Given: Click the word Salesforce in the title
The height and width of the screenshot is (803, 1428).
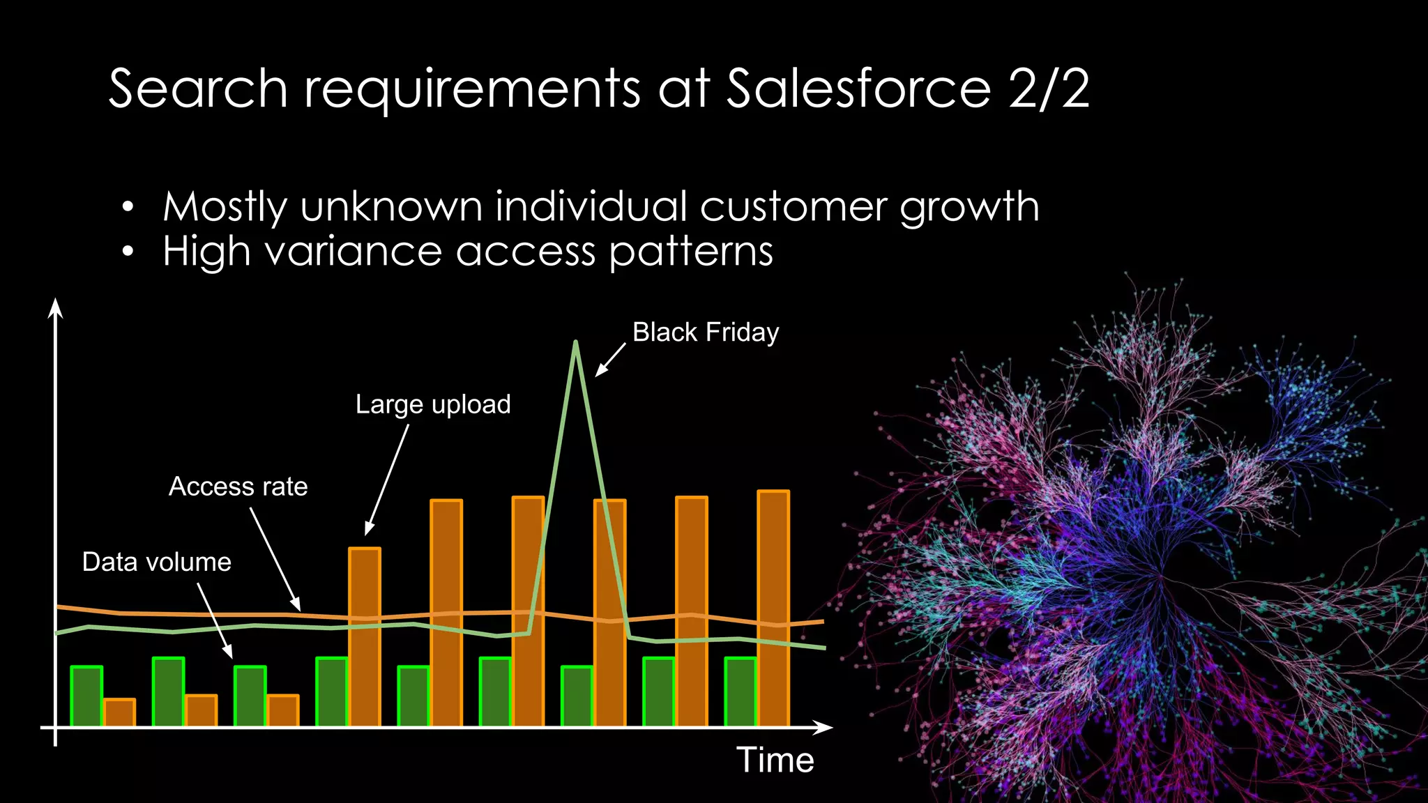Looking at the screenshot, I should [858, 89].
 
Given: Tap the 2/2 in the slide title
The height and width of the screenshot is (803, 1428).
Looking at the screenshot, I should [1048, 89].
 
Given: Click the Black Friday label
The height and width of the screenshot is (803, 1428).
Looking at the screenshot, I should [705, 332].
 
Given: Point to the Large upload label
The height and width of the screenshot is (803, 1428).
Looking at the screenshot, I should [433, 404].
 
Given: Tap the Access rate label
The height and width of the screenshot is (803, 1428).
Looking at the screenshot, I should [238, 487].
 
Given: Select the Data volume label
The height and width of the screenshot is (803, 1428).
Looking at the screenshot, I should [156, 562].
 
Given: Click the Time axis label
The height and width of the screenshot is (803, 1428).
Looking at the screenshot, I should [775, 759].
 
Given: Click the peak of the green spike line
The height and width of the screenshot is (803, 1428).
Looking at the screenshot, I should [575, 343].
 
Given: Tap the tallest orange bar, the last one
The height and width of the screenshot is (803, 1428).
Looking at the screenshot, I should [773, 608].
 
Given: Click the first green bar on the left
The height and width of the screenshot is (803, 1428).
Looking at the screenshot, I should [86, 696].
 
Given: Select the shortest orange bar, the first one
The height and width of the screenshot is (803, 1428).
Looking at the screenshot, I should [119, 712].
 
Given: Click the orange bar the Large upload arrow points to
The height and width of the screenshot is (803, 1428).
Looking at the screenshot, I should [364, 636].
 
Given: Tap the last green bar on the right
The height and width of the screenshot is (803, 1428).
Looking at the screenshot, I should [740, 691].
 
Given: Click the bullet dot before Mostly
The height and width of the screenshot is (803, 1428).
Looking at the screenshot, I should [127, 207].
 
